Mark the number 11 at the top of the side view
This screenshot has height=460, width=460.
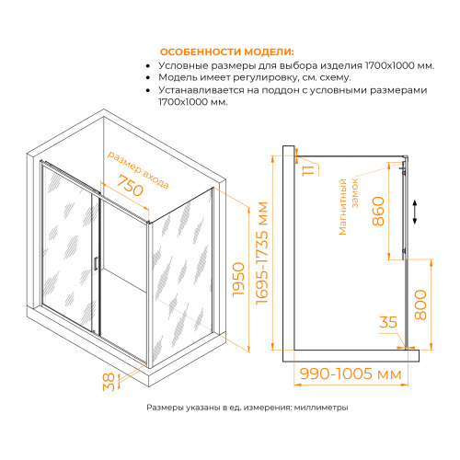pyautogui.click(x=309, y=167)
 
